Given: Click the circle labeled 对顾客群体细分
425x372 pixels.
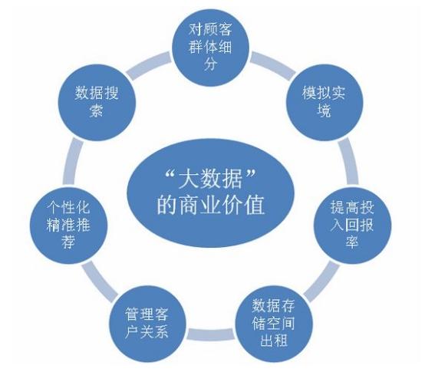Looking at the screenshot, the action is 211,48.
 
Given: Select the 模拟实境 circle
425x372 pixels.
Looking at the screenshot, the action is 325,102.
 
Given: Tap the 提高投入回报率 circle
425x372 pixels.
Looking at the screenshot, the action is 353,226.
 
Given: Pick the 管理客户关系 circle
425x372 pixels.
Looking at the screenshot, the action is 147,324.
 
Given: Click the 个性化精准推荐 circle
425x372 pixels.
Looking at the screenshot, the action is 68,226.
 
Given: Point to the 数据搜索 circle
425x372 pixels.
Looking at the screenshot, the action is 97,102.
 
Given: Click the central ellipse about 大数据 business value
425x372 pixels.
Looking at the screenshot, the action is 211,193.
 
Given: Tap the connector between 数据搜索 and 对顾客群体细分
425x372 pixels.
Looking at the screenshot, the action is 149,66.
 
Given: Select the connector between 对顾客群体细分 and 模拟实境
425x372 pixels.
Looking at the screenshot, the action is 272,66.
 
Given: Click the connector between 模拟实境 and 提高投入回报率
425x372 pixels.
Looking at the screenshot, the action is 348,162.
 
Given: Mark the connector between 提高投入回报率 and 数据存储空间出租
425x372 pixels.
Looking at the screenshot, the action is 321,281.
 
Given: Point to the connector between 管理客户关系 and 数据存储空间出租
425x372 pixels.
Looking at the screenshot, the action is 211,334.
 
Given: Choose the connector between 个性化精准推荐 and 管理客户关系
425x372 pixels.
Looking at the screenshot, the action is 100,281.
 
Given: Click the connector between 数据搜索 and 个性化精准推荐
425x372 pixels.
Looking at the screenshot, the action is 73,162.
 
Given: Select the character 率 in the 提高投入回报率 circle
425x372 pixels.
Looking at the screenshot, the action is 352,241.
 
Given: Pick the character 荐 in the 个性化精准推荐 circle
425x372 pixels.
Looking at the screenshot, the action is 68,241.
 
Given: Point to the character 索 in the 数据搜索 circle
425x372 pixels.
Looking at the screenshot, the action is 97,110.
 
